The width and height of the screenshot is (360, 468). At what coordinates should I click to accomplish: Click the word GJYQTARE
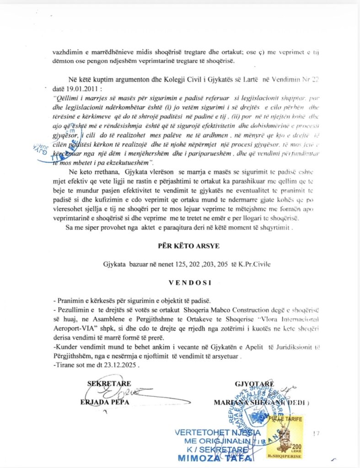click(254, 383)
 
